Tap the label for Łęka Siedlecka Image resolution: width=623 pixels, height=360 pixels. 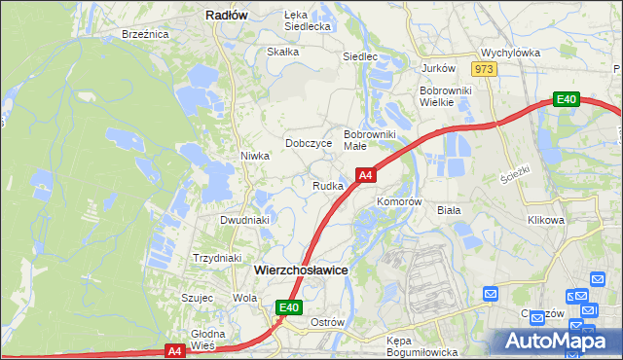pos(308,20)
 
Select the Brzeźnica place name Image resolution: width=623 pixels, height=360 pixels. pos(146,33)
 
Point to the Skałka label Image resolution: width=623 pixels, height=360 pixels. pos(282,52)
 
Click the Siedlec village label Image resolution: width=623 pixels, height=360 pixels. pos(359,56)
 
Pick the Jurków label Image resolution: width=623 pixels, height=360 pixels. pos(438,68)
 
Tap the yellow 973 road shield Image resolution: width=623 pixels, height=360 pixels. pos(484,69)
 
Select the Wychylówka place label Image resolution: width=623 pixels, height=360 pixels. pos(510,54)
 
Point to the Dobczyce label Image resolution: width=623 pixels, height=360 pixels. pos(309,143)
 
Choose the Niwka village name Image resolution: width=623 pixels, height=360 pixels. pos(254,156)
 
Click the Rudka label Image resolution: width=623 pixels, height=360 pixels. pos(327,186)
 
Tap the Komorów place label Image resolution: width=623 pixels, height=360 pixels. pos(399,201)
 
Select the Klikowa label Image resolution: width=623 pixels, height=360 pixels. pos(546,220)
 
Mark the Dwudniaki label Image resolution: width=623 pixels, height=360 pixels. pos(244,220)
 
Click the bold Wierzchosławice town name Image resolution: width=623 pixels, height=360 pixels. pos(301,270)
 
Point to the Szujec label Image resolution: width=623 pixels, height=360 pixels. pos(198,298)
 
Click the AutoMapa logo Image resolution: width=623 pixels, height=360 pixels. pos(556,341)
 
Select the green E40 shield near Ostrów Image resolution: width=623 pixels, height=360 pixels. pos(288,307)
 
